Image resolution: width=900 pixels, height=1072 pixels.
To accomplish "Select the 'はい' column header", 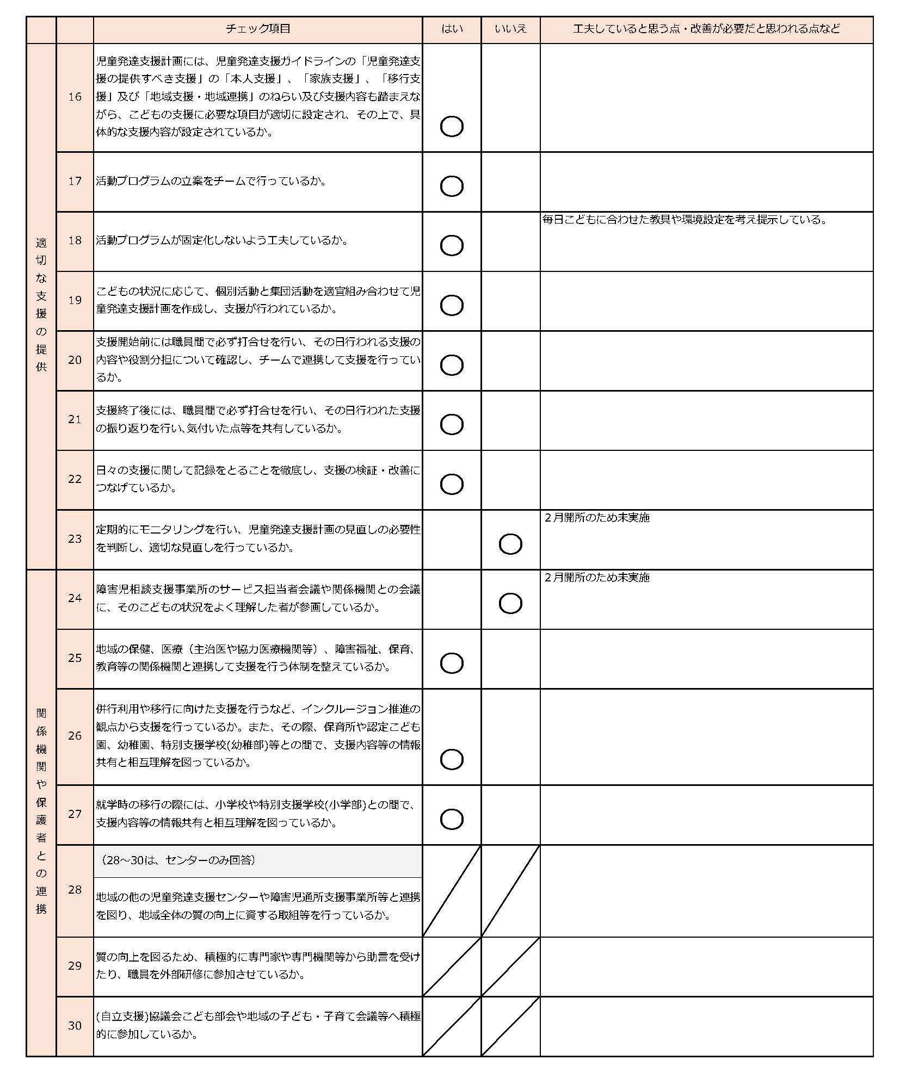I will point(452,29).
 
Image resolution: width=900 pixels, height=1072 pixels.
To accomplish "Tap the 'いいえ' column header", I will point(510,29).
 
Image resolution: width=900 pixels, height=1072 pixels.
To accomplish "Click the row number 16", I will point(75,97).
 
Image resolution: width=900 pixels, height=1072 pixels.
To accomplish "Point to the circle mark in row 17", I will point(451,186).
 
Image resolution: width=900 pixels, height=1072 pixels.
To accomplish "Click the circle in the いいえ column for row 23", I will point(510,544).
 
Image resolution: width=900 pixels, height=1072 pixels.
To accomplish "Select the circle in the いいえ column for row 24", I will point(510,603).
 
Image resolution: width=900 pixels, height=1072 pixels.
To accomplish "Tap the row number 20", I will point(75,360).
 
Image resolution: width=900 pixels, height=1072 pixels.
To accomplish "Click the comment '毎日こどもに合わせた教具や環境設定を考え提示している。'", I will point(685,220).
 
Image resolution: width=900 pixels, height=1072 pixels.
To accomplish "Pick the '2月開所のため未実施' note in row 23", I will point(597,518).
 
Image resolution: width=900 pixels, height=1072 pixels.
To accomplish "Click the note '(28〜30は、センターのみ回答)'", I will point(178,860).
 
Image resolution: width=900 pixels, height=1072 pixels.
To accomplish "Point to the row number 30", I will point(75,1025).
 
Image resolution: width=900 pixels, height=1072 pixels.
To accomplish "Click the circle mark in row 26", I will point(451,759).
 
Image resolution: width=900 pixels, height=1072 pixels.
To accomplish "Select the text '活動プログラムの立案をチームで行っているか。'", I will point(211,181).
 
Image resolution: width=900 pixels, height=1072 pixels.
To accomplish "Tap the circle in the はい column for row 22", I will point(451,484).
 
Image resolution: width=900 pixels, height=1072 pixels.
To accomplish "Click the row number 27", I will point(75,814).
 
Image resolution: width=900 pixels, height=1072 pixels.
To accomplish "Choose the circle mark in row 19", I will point(451,305).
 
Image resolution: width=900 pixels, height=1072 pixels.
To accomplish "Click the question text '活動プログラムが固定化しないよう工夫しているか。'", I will point(221,240).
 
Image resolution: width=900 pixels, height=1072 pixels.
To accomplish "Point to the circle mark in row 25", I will point(451,663).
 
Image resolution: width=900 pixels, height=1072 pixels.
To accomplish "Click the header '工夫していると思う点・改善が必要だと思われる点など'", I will point(706,29).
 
